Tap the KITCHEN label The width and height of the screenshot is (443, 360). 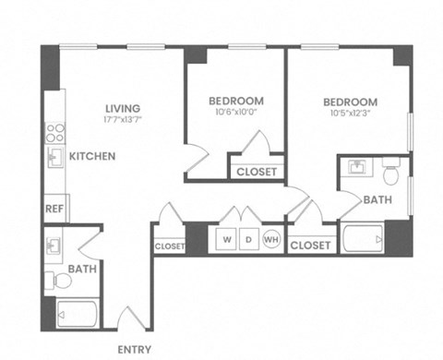coord(92,156)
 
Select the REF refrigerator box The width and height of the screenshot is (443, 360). coord(54,209)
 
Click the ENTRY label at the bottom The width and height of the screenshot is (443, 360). coord(136,349)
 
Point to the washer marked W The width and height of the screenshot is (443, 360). coord(226,239)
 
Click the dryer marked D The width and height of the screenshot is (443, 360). coord(248,239)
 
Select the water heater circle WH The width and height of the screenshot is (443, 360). coord(271,239)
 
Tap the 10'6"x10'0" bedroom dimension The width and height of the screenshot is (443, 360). coord(235,114)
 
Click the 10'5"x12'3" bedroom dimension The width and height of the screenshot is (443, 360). coord(350,114)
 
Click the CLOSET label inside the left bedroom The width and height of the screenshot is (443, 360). coord(255,172)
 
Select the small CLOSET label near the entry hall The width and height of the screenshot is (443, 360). coord(169,246)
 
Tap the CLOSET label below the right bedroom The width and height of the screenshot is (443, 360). coord(310,246)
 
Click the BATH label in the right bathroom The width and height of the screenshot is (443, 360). coord(377,198)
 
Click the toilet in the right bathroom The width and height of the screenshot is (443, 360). coord(390,172)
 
